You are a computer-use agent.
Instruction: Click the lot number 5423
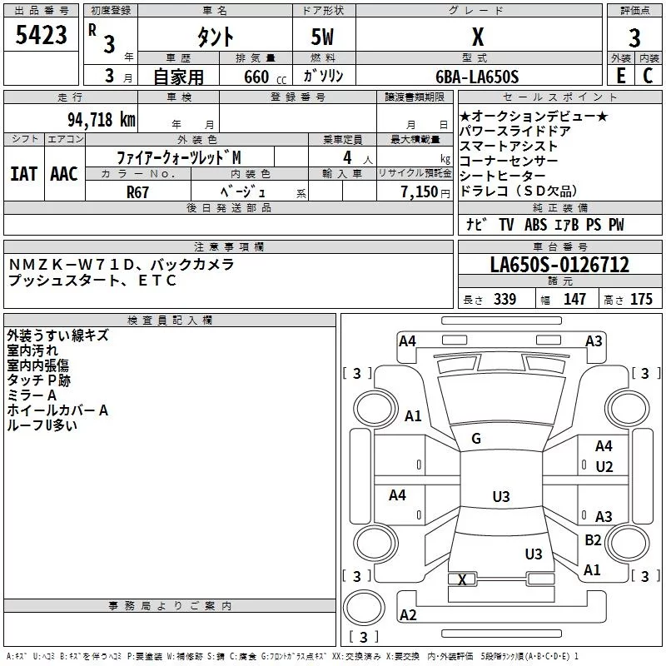tap(41, 35)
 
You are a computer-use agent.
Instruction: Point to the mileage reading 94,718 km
tap(102, 120)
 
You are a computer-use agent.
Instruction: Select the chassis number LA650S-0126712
tap(559, 264)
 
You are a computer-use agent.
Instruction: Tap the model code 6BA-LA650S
tap(477, 77)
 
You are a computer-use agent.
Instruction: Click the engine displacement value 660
tap(256, 77)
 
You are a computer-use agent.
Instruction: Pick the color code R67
tap(137, 192)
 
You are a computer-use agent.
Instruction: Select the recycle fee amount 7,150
tap(420, 191)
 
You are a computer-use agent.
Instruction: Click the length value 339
tap(504, 299)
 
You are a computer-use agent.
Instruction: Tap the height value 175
tap(641, 299)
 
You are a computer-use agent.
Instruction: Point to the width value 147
tap(574, 299)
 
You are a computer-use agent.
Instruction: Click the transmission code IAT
tap(24, 174)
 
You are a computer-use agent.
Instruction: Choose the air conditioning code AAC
tap(64, 174)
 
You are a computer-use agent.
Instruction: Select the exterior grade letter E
tap(621, 76)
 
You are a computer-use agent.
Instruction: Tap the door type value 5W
tap(322, 37)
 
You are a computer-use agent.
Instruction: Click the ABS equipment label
tap(535, 225)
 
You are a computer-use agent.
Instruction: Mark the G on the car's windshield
tap(476, 439)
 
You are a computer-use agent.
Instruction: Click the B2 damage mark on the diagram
tap(593, 539)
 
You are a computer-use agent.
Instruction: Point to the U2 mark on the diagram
tap(604, 467)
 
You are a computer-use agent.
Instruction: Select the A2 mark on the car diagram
tap(408, 614)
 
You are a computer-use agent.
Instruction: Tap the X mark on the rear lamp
tap(462, 579)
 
